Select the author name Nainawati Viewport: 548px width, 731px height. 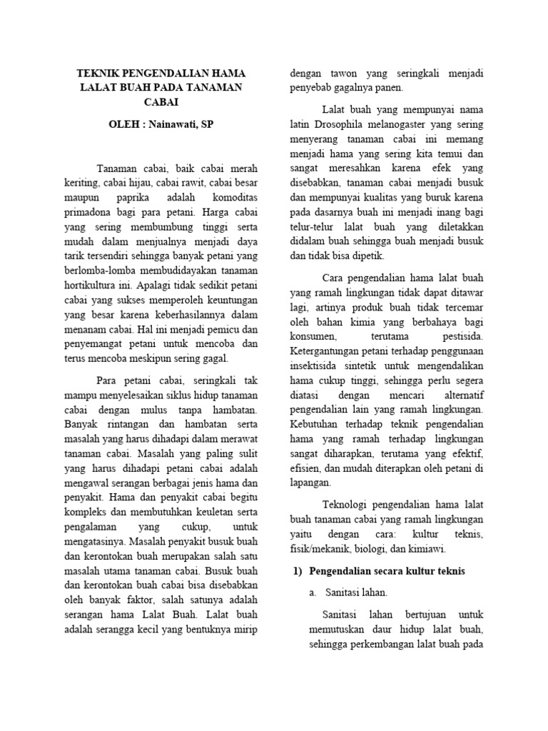tap(175, 123)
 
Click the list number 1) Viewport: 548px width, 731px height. tap(298, 571)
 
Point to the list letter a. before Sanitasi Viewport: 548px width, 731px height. tap(313, 592)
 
